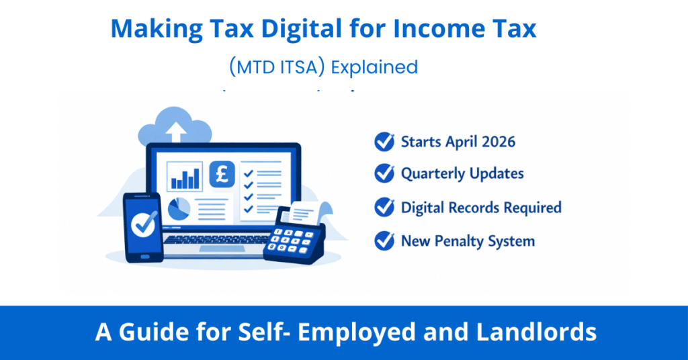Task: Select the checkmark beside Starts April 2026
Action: coord(384,142)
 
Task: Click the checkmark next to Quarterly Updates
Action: coord(384,173)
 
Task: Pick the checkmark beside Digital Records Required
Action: coord(384,208)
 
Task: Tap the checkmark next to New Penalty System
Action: coord(384,240)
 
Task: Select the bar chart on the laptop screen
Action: coord(185,176)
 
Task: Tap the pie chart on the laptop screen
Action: coord(179,209)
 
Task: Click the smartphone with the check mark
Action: coord(142,227)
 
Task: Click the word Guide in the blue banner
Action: coord(143,331)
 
